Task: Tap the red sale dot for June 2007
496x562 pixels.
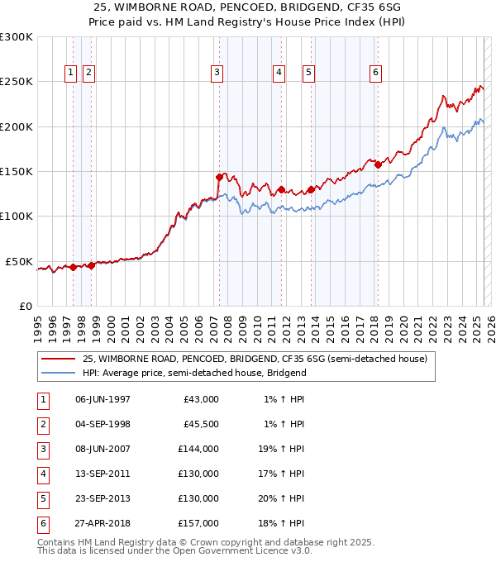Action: click(219, 177)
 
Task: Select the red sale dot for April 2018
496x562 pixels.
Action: click(378, 164)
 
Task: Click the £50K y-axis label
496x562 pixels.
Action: click(19, 261)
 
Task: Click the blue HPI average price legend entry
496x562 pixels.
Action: click(194, 373)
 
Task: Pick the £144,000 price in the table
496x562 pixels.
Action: click(199, 449)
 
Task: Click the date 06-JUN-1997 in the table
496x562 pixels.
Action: click(103, 399)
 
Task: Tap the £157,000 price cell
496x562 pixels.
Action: click(199, 523)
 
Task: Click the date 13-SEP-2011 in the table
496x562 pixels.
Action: click(103, 474)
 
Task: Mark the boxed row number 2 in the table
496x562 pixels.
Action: click(41, 424)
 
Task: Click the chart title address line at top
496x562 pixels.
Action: click(248, 6)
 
